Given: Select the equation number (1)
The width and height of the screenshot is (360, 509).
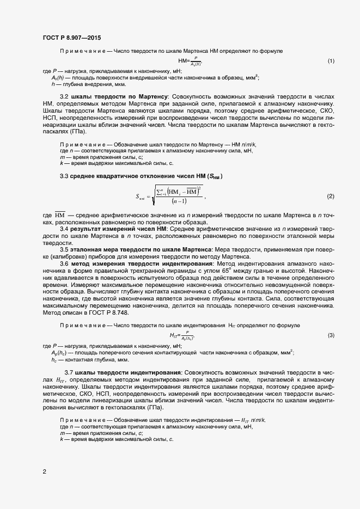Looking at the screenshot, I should (x=331, y=60).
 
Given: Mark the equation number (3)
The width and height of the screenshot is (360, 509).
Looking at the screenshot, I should (x=331, y=335).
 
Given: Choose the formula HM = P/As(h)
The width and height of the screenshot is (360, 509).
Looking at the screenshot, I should (x=190, y=60).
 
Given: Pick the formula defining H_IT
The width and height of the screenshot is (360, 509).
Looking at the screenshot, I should (x=182, y=335).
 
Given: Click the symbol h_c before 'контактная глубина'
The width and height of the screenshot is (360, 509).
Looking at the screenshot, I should (x=54, y=360).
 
